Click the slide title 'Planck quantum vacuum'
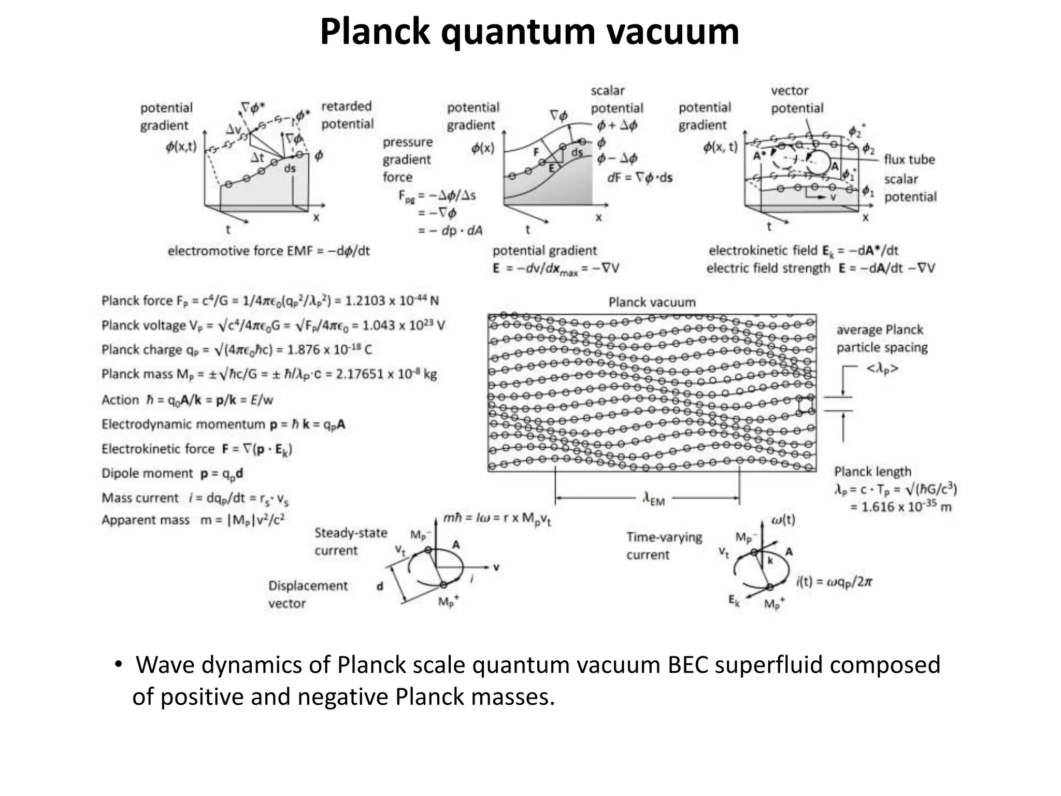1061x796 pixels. click(x=529, y=32)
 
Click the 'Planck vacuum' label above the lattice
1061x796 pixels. click(x=652, y=302)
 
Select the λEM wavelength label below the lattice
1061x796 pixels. click(x=653, y=500)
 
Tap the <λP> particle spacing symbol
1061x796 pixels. click(x=882, y=369)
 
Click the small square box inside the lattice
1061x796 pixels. click(x=805, y=404)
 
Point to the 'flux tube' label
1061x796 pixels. click(x=909, y=160)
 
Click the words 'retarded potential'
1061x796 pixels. click(x=347, y=115)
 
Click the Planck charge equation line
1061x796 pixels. click(x=237, y=350)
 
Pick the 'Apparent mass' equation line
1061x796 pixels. click(x=193, y=520)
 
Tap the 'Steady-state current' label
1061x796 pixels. click(x=351, y=542)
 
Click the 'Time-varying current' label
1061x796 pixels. click(x=664, y=546)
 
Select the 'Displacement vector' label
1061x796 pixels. click(x=308, y=594)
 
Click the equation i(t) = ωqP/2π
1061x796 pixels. click(x=834, y=582)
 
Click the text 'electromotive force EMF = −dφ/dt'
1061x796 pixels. click(x=268, y=251)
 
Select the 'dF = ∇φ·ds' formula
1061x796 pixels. click(x=639, y=178)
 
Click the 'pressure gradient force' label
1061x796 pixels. click(x=407, y=160)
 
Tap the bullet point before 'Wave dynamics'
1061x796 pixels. click(x=118, y=664)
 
